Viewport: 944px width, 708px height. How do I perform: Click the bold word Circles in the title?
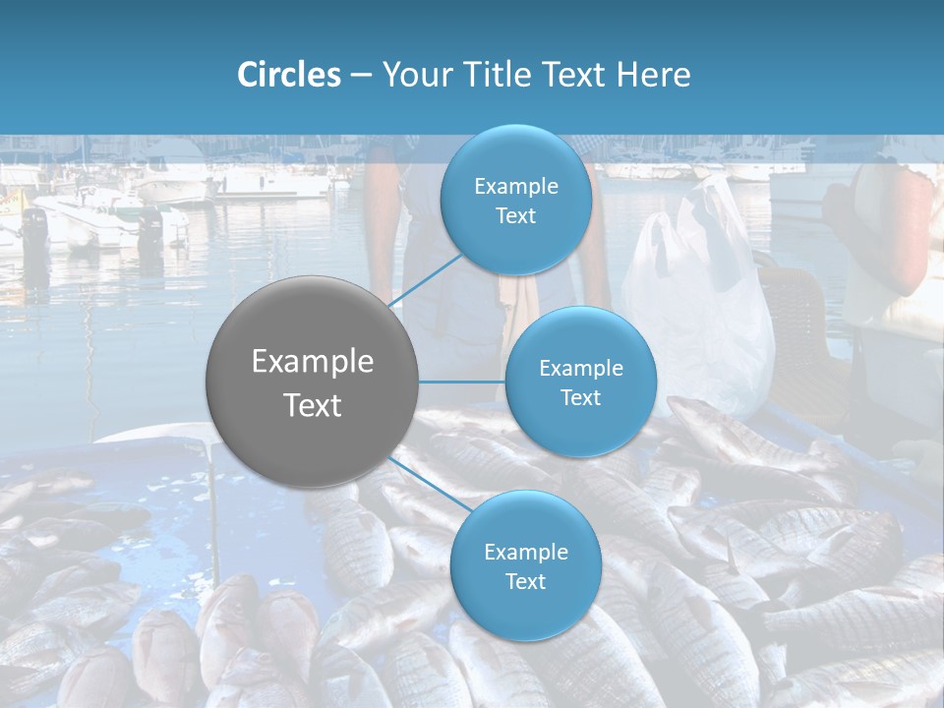tap(289, 75)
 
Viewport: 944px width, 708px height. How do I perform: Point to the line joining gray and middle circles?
tap(462, 382)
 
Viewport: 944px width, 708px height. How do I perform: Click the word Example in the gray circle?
tap(313, 362)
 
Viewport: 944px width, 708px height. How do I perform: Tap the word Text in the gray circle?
tap(313, 405)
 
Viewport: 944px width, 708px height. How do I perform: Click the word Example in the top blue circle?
tap(516, 187)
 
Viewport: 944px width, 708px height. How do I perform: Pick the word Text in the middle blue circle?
tap(580, 398)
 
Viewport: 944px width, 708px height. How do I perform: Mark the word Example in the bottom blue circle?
tap(526, 553)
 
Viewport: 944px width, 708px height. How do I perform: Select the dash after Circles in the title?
tap(361, 76)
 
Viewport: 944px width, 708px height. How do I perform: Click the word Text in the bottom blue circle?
tap(525, 582)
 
